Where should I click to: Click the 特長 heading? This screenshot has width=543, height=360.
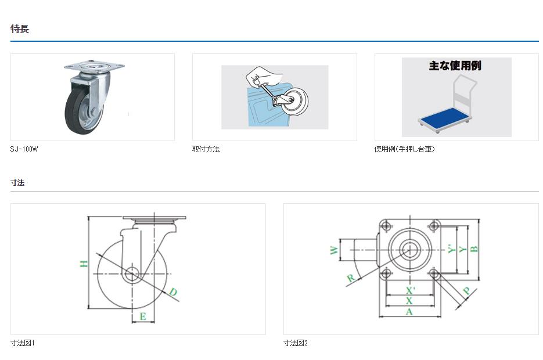20,28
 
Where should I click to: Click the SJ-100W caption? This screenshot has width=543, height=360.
24,149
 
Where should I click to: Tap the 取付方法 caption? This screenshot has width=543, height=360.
206,149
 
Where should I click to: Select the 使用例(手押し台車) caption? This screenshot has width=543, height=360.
404,149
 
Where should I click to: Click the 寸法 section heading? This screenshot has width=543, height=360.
17,182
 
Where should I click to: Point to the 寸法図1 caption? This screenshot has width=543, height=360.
23,343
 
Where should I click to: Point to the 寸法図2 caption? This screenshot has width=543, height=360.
296,343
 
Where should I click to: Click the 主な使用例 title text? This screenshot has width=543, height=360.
455,66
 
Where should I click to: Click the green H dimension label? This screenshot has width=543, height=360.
84,264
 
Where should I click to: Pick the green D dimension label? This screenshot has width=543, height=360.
173,292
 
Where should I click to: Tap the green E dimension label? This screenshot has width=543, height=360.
143,316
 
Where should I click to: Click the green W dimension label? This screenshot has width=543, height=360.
334,250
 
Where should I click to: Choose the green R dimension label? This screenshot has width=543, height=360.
351,278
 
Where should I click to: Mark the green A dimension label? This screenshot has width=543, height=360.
409,312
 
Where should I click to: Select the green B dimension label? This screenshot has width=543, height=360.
474,249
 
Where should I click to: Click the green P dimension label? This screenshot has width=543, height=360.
466,291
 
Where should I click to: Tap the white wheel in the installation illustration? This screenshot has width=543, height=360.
294,100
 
